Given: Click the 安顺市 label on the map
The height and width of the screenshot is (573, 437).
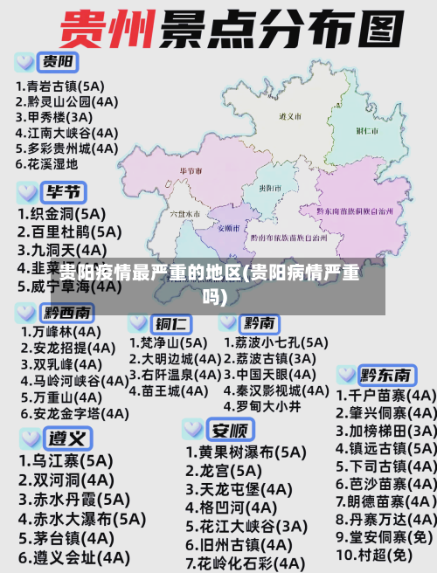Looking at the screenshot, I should point(229,226).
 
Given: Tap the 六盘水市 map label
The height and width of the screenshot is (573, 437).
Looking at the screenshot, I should point(186,212).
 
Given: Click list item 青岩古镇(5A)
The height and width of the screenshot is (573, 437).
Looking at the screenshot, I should point(60,86).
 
